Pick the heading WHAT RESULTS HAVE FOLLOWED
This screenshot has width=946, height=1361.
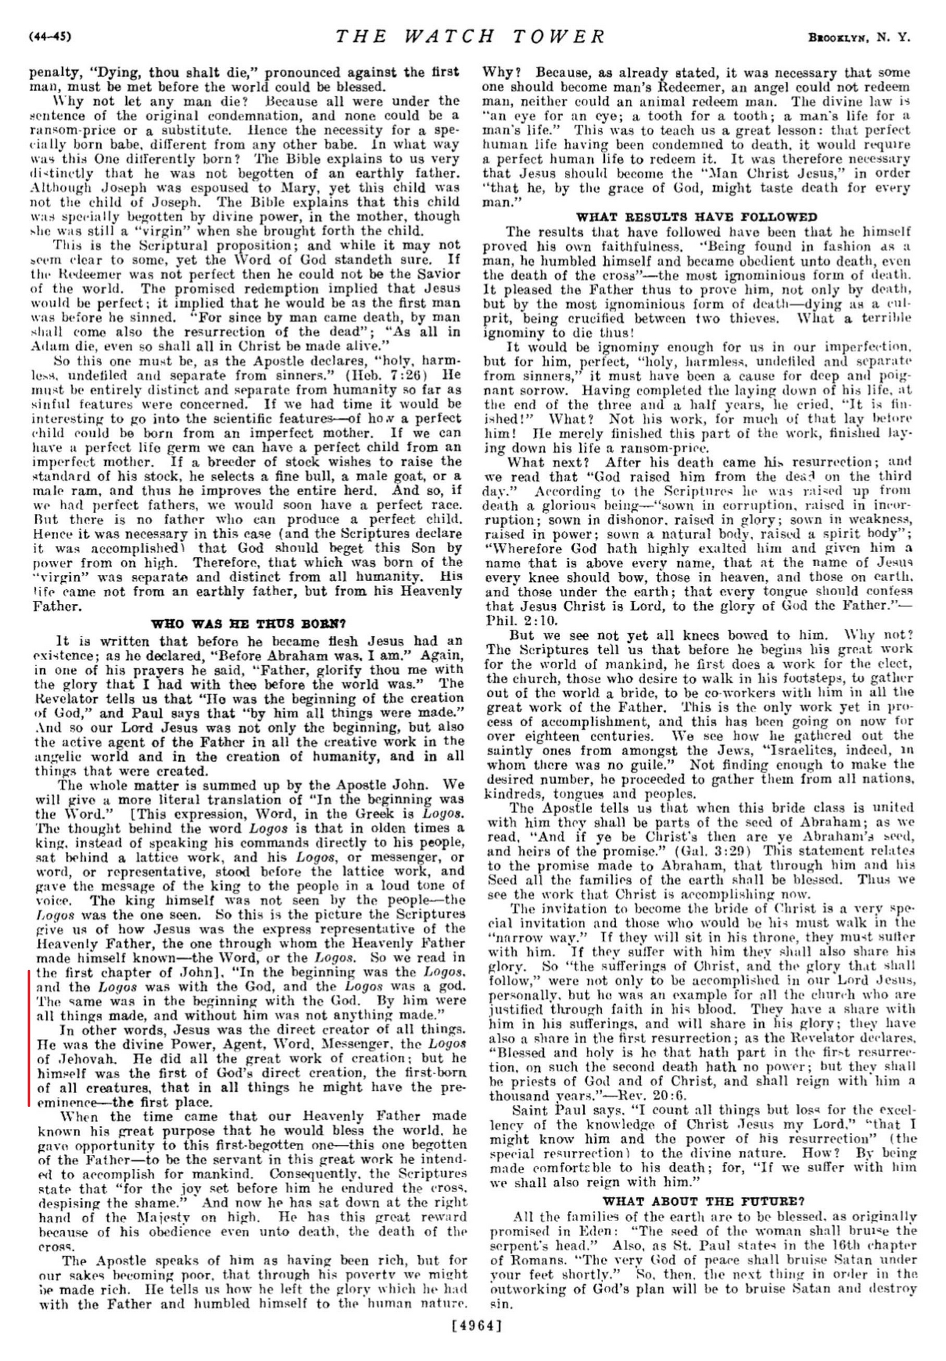click(696, 217)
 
